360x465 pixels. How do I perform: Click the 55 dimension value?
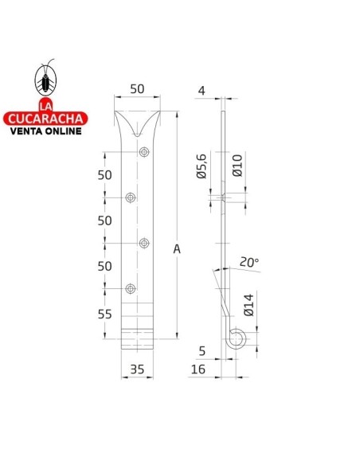(104, 315)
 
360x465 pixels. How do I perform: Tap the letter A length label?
(177, 249)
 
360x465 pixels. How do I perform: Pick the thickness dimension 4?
(202, 91)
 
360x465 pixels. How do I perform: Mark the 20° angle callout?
(248, 262)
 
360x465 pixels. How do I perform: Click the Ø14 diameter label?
(248, 306)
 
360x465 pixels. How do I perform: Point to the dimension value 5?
(202, 350)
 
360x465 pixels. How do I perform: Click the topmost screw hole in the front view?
(143, 152)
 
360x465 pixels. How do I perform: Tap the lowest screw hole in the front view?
(131, 287)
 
